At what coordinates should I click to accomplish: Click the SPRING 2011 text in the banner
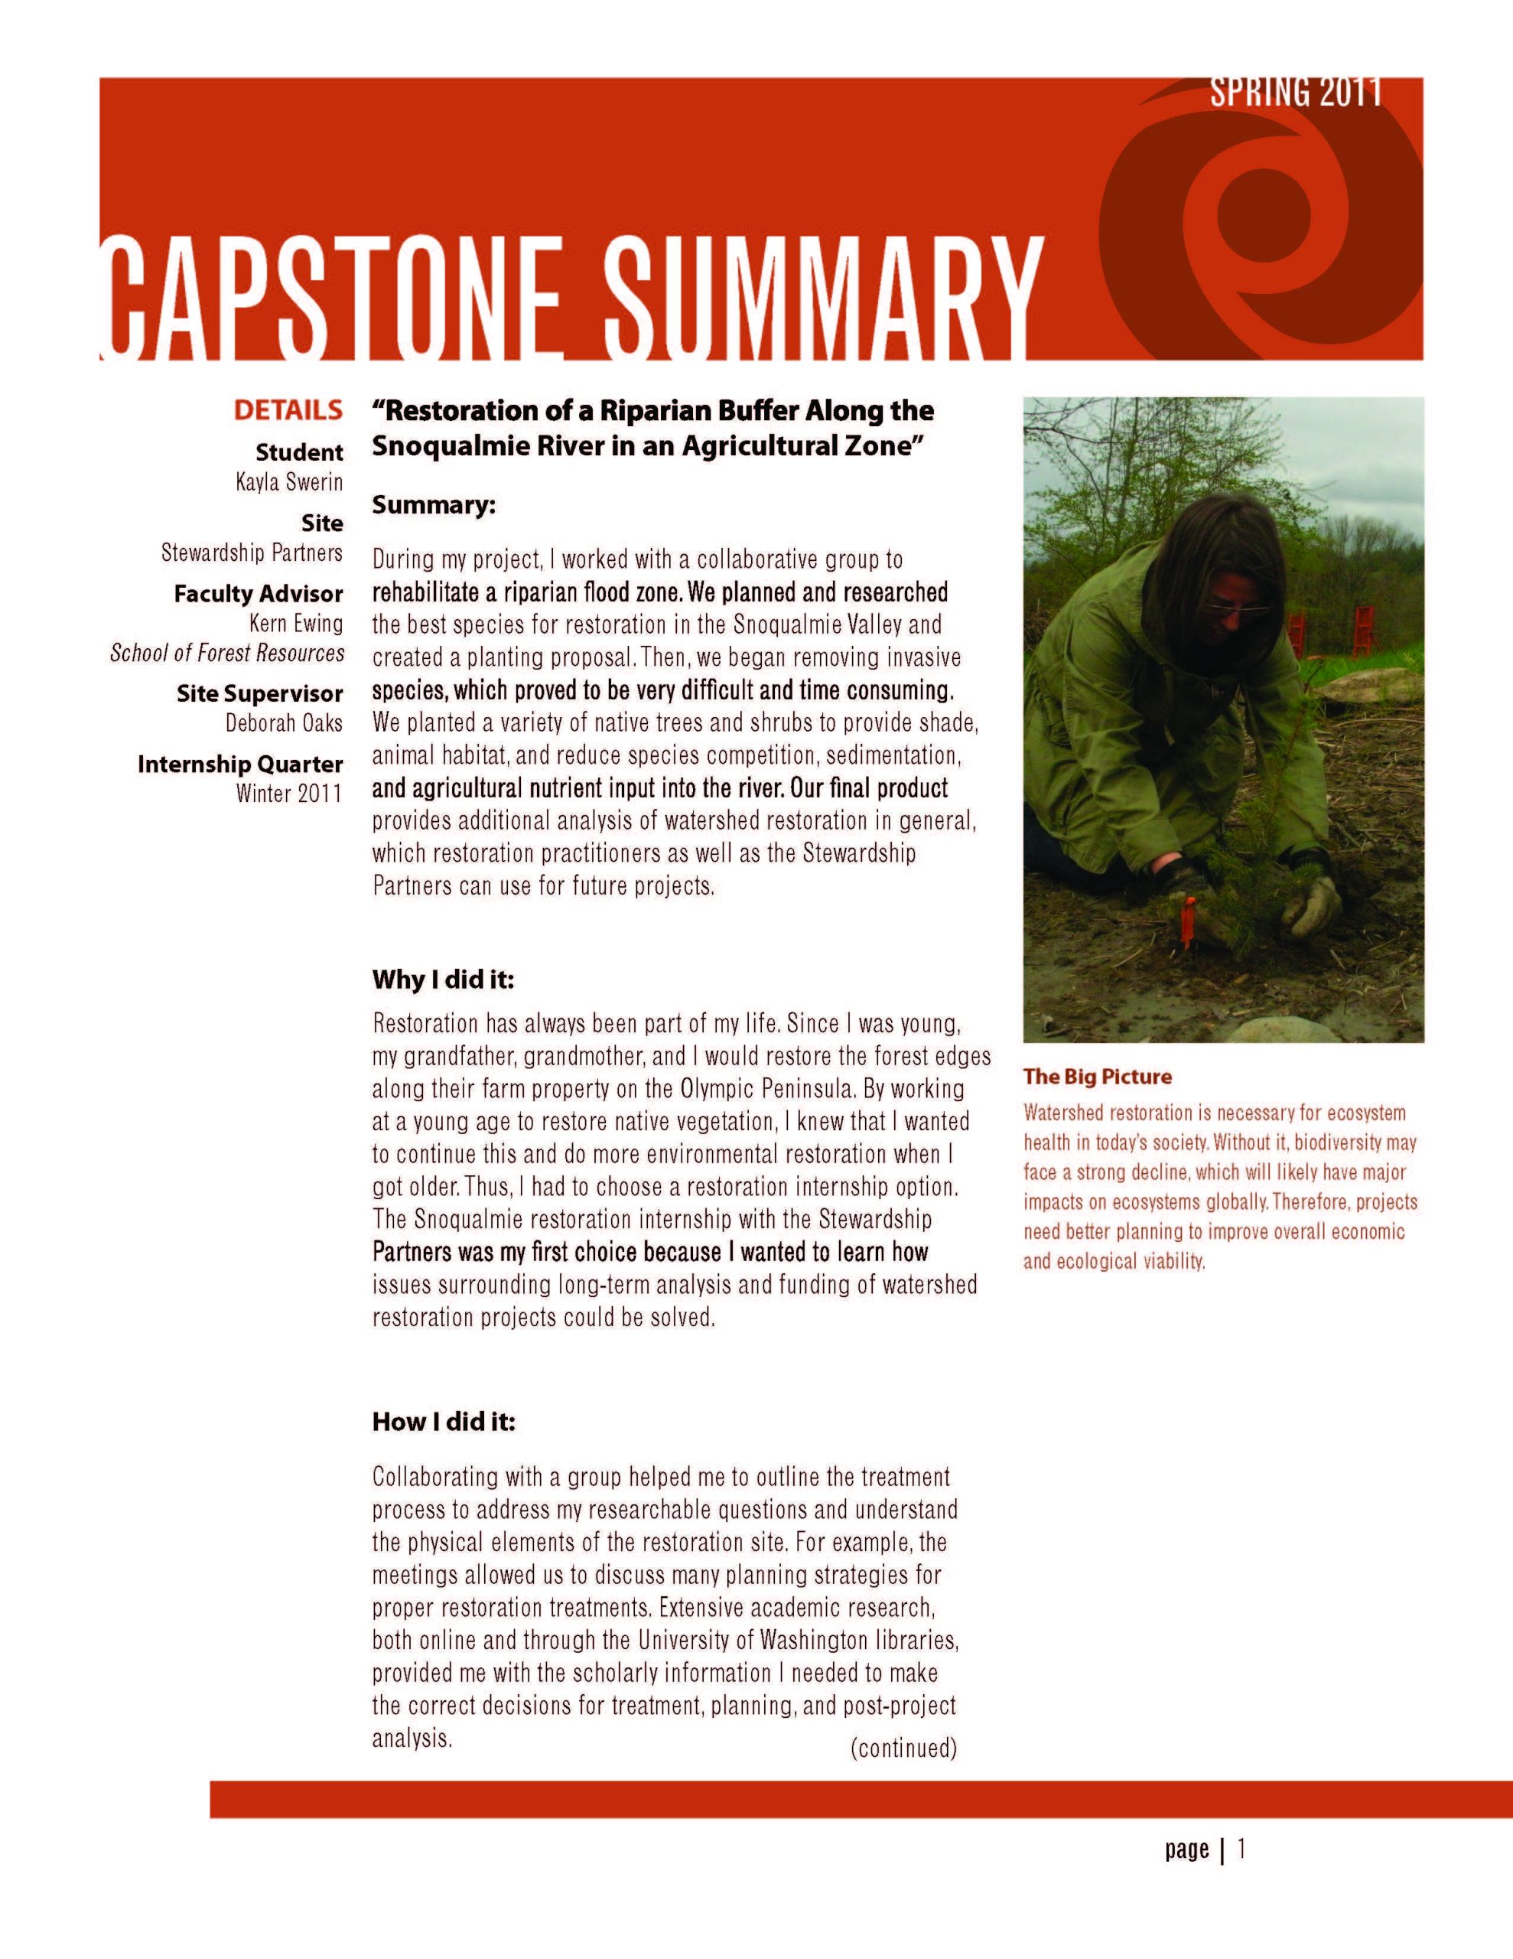pos(1295,93)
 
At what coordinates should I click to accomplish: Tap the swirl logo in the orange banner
pos(1255,215)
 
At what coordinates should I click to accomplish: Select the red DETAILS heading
pos(288,411)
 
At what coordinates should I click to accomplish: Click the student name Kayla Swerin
pos(289,483)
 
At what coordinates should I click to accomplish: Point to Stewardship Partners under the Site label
pos(252,552)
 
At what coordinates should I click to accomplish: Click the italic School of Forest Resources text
pos(227,653)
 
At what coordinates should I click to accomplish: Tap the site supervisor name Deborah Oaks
pos(285,722)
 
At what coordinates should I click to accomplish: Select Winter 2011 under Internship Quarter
pos(289,793)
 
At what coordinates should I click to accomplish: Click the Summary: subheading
pos(434,505)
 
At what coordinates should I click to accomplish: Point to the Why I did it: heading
pos(443,979)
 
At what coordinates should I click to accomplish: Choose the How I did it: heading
pos(444,1422)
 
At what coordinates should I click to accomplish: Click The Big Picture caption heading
pos(1097,1077)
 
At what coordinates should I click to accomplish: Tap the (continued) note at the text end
pos(903,1749)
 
